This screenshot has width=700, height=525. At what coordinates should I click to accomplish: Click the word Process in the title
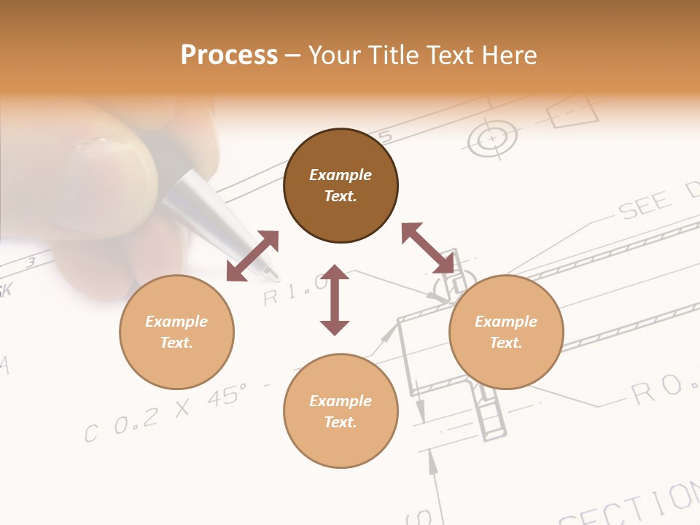click(229, 55)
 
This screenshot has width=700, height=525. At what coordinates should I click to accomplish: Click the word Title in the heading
click(392, 55)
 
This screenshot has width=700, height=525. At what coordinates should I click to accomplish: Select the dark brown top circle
click(341, 185)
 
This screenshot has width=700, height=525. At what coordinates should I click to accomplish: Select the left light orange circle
click(176, 332)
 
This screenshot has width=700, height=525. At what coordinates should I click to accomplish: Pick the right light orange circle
click(506, 332)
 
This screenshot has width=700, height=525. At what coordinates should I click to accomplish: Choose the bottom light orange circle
click(341, 411)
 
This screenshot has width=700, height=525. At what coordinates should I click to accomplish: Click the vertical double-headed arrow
click(335, 300)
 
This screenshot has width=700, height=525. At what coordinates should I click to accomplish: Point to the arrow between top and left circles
click(252, 255)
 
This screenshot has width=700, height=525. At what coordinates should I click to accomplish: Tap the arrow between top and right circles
click(428, 248)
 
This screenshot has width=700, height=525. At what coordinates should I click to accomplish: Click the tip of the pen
click(271, 274)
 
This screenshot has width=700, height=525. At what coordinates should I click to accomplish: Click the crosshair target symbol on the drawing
click(492, 138)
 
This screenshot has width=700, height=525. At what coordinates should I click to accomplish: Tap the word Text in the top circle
click(341, 196)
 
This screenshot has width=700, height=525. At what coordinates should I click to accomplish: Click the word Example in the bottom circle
click(341, 400)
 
